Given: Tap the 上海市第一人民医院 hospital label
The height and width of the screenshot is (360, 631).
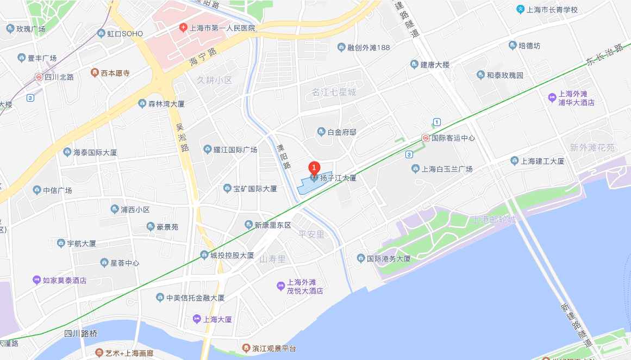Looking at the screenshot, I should (x=222, y=28).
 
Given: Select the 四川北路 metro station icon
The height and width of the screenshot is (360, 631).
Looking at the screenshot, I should (x=39, y=77).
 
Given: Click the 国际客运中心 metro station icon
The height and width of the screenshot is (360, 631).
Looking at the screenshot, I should (x=426, y=138).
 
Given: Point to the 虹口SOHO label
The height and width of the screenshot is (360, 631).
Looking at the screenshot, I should (x=124, y=34).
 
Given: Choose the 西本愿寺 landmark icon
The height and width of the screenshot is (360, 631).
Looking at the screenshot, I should (x=95, y=72).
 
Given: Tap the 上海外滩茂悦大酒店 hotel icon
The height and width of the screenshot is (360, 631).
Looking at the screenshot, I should (x=280, y=286).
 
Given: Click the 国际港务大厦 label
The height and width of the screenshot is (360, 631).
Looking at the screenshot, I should (x=388, y=258).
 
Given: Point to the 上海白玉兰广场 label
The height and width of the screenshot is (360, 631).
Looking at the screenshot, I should (x=447, y=169).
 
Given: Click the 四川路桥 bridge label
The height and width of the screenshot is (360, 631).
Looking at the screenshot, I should (x=80, y=333).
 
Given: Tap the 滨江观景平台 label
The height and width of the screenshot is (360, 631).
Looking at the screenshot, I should (x=274, y=348).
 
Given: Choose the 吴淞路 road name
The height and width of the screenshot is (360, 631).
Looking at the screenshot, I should (x=182, y=135).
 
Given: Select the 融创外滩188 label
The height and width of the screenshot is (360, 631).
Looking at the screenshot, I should (x=368, y=47).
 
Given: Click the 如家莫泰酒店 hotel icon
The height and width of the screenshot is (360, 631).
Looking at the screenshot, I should (x=36, y=280).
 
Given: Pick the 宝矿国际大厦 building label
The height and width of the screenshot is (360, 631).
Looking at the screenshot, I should (x=255, y=189).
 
